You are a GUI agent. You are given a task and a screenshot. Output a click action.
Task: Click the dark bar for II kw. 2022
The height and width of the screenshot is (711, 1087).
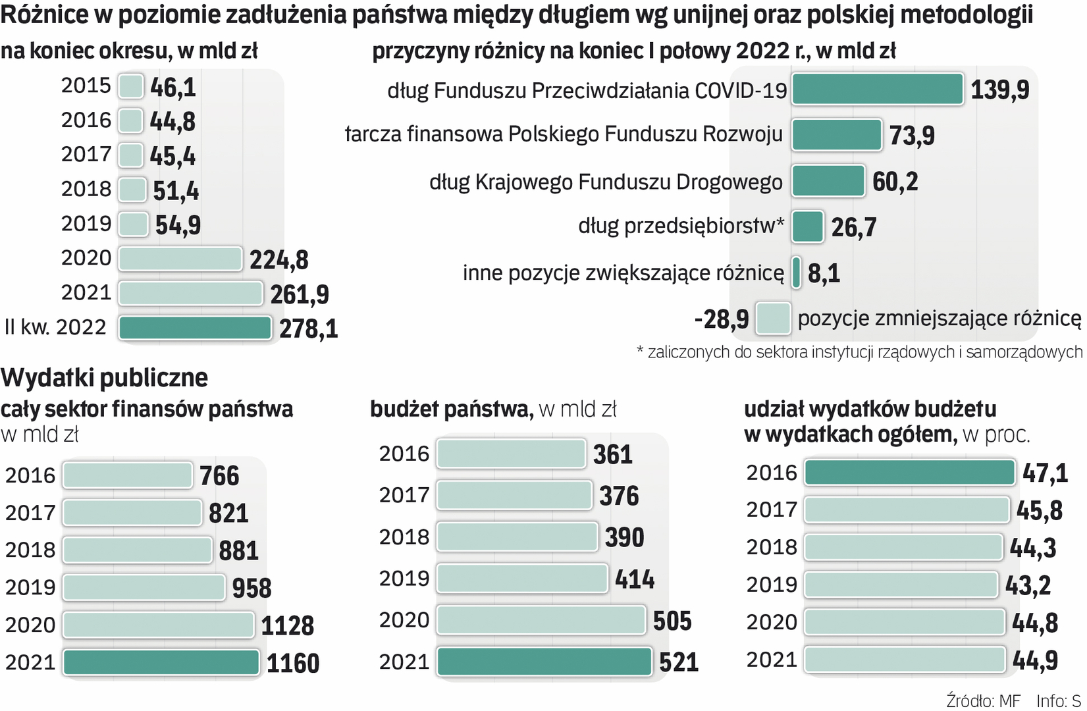point(195,328)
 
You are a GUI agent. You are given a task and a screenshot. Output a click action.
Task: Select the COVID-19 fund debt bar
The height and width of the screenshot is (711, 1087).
point(878,90)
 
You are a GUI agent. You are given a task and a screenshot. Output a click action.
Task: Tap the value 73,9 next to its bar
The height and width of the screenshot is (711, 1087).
point(912,136)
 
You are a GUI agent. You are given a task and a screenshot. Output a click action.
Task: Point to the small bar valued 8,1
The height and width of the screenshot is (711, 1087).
point(797,273)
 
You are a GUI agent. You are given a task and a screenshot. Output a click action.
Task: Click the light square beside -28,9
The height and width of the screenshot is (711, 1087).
point(773,319)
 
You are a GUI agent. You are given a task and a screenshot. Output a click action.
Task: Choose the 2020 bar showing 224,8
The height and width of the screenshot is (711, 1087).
point(180,259)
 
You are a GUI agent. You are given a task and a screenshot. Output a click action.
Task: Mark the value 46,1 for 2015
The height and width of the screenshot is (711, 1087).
point(172,87)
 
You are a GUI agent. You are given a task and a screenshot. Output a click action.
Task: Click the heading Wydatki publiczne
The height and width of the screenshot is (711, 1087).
point(104,378)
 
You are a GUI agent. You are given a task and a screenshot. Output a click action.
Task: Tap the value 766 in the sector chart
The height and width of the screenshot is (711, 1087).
point(219,476)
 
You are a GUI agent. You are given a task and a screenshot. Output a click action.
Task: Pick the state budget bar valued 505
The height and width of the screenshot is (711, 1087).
point(541,620)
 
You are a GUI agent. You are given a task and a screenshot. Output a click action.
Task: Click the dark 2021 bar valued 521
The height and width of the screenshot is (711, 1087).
point(544,662)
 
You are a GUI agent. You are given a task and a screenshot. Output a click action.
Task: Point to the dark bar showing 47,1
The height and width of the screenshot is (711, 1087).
point(910,473)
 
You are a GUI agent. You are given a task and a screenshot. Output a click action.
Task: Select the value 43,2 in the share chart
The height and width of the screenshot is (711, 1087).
point(1028,585)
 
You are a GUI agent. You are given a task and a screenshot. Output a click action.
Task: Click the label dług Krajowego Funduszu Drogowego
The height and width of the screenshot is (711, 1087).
point(606,182)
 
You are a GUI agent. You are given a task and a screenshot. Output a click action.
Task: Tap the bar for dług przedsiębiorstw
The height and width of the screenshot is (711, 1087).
point(808,226)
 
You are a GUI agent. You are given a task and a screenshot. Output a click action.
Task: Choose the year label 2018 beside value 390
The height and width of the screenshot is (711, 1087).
point(404,537)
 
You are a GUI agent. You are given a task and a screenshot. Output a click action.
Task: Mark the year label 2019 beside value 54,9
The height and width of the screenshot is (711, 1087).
point(86,224)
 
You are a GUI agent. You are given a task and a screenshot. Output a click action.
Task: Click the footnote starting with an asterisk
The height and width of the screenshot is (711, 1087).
point(859,352)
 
